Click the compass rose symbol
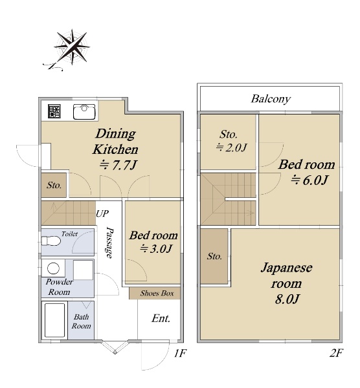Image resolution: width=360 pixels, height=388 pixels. (72, 47)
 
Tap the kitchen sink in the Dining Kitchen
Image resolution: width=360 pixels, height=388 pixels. (84, 112)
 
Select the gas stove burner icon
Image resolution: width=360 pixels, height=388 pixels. (54, 111)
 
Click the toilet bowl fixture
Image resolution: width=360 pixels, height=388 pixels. (51, 241)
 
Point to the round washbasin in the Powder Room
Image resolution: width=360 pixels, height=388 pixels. (53, 268)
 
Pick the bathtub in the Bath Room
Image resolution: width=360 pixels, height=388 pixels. (54, 320)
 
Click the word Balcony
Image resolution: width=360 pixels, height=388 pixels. (271, 99)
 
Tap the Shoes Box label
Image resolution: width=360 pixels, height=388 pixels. (157, 293)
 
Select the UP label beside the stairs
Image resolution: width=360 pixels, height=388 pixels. (102, 213)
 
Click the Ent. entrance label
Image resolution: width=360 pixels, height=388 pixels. (161, 318)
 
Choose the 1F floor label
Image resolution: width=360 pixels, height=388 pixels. (180, 353)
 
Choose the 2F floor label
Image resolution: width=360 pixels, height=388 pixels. (336, 353)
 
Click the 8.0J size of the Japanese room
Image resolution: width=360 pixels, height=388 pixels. (287, 299)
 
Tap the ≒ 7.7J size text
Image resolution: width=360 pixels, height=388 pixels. (118, 165)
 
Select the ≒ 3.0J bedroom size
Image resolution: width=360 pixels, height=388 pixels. (156, 249)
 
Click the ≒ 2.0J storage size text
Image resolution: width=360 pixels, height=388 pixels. (231, 147)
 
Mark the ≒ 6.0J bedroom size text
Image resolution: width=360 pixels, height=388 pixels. (309, 180)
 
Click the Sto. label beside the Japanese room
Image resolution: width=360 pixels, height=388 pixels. (214, 256)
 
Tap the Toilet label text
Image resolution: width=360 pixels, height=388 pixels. (69, 234)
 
